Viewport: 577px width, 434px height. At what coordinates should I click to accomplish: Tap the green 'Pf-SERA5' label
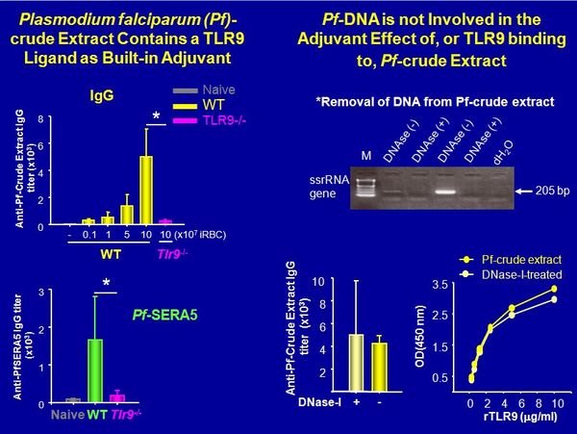(x=170, y=315)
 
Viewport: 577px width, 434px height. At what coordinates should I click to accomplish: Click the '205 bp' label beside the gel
(x=553, y=191)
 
